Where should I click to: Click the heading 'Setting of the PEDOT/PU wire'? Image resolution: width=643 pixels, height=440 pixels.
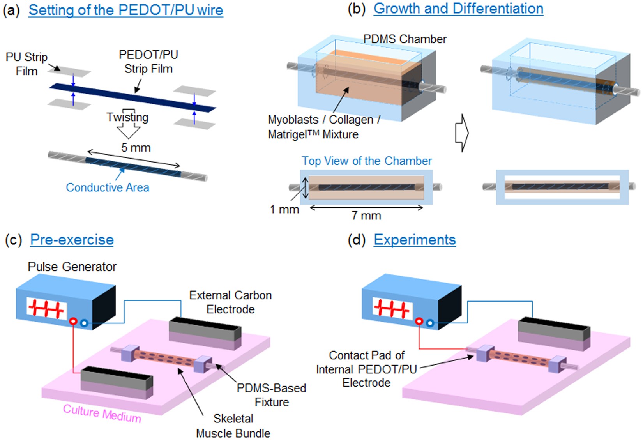125,10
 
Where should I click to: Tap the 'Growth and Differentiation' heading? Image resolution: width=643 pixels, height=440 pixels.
458,9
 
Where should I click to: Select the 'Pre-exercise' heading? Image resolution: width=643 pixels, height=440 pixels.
72,239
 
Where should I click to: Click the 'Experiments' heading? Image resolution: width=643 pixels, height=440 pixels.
415,239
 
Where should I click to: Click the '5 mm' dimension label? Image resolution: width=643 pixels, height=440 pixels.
136,148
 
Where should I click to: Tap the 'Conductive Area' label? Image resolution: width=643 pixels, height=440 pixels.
107,187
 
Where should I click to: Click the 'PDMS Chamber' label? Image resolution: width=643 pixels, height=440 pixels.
405,39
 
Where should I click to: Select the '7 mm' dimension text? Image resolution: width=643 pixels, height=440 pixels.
366,216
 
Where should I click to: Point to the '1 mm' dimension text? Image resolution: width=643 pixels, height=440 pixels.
284,209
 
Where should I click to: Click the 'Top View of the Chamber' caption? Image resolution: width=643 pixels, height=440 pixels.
366,161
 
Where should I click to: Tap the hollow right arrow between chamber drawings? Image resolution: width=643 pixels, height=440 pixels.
462,133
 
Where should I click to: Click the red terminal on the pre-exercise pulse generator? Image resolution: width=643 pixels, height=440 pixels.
73,321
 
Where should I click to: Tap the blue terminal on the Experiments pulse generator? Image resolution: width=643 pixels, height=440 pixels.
430,323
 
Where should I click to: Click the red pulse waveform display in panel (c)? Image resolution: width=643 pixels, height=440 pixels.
46,309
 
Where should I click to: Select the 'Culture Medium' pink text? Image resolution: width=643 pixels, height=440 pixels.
102,413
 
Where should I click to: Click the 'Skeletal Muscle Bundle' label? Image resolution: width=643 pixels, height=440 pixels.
233,426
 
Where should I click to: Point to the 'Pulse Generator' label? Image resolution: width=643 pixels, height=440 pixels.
72,267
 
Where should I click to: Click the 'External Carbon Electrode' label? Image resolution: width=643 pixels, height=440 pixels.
230,302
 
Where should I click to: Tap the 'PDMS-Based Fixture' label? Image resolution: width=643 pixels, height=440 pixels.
271,395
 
